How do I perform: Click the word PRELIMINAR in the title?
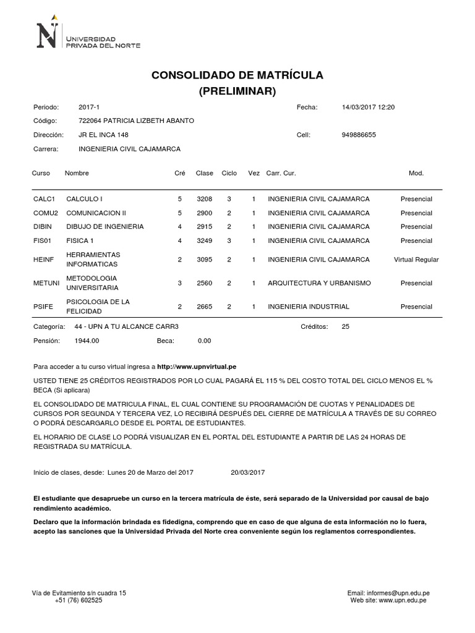(237, 91)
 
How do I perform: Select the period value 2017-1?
(88, 107)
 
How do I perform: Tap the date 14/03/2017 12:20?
(368, 107)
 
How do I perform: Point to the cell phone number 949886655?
(359, 135)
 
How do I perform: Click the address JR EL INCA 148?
(104, 135)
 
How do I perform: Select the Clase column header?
(204, 173)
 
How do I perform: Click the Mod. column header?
(416, 173)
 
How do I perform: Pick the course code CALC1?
(45, 199)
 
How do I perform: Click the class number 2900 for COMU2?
(204, 213)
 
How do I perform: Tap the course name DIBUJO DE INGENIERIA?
(105, 226)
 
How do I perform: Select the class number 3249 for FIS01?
(204, 240)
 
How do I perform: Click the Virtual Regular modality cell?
(416, 260)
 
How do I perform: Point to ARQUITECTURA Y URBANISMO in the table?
(319, 283)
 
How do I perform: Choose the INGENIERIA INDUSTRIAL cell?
(308, 307)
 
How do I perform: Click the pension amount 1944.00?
(87, 340)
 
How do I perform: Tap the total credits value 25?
(345, 326)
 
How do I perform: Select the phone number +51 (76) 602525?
(79, 600)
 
